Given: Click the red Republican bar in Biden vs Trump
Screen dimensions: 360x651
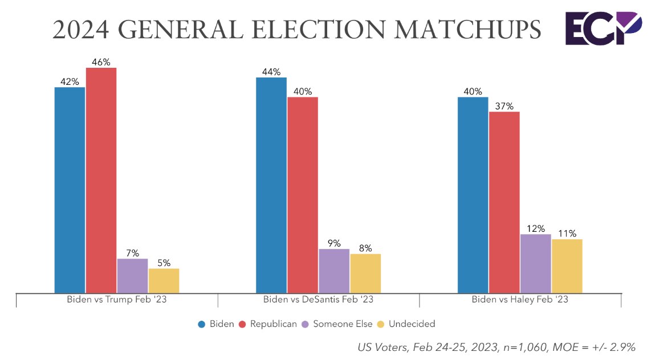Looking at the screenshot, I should pyautogui.click(x=101, y=180).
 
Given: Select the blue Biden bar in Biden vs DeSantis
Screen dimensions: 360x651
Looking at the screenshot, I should pyautogui.click(x=271, y=185).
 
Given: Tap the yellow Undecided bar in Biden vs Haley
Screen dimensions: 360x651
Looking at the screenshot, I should pyautogui.click(x=567, y=265).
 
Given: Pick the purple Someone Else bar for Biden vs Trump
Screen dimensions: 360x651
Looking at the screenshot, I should pyautogui.click(x=132, y=276).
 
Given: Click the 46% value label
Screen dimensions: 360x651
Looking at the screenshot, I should pyautogui.click(x=101, y=62).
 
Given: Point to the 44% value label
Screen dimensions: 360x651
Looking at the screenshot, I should pyautogui.click(x=271, y=72).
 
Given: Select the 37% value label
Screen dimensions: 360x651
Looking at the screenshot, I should pyautogui.click(x=504, y=106).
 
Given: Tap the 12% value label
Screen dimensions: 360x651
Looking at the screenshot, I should pyautogui.click(x=536, y=228).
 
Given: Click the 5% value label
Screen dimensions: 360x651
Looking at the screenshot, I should pyautogui.click(x=164, y=263).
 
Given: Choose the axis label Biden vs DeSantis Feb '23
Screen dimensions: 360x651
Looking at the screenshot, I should pyautogui.click(x=318, y=300).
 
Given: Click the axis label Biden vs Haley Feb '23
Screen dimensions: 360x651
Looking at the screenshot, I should pyautogui.click(x=520, y=300).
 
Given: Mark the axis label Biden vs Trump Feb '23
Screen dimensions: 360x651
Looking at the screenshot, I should pyautogui.click(x=116, y=300).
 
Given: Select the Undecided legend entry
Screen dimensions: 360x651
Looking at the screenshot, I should pyautogui.click(x=412, y=324).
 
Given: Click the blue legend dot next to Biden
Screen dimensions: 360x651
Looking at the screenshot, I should pyautogui.click(x=202, y=324).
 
